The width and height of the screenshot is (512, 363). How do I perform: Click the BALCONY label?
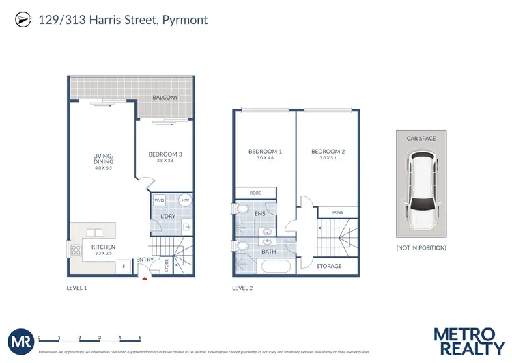pos(165,98)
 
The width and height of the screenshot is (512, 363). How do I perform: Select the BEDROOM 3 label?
pos(165,154)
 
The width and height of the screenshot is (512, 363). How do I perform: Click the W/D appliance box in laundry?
pos(159,200)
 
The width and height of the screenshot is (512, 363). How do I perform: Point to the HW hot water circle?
pos(184,200)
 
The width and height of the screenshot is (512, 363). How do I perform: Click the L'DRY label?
pos(168,217)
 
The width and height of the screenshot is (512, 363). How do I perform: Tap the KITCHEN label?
pos(103,247)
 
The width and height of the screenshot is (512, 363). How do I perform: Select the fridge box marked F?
pos(124,266)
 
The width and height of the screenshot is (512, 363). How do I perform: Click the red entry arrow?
pos(143,276)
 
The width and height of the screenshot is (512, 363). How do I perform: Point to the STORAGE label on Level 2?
pos(328,266)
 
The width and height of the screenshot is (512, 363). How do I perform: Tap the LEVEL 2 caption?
pos(242,288)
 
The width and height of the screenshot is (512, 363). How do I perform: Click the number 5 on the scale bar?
pos(140,338)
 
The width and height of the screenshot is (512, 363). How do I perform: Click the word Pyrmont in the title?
pos(185,20)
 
